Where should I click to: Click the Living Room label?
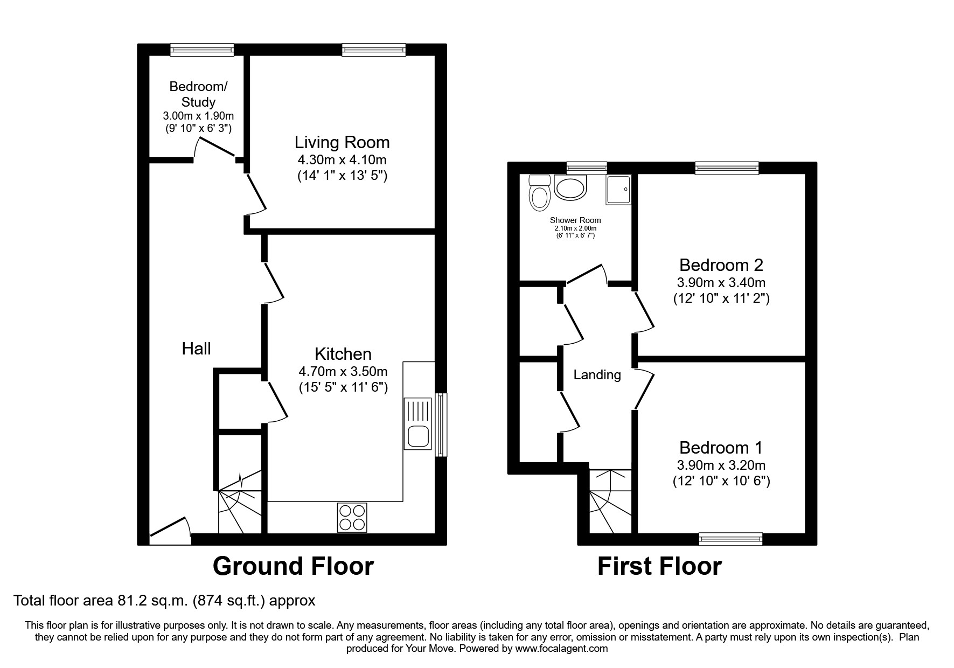coord(342,143)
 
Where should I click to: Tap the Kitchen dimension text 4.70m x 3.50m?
coord(343,371)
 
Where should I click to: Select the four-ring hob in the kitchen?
coord(352,517)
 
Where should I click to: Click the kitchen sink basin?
coord(418,436)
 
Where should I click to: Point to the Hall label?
coord(196,349)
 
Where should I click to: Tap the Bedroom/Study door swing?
coord(215,146)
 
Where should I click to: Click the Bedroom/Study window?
coord(202,50)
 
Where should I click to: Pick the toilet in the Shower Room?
coord(539,193)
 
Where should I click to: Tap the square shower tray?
coord(618,190)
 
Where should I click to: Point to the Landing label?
coord(597,375)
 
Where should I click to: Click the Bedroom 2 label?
coord(721,265)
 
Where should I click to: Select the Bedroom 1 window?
coord(730,539)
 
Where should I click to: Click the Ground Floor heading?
coord(293,566)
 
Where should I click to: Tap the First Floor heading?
coord(659,566)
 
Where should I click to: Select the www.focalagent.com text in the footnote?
coord(561,649)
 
